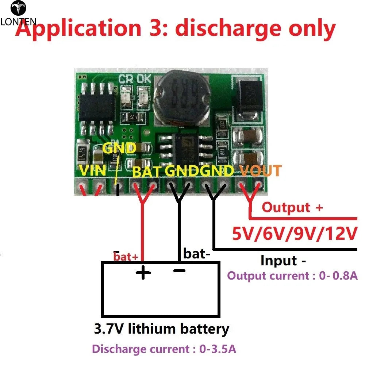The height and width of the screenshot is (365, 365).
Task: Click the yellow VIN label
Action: (x=93, y=170)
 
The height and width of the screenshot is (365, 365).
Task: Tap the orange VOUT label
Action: (x=260, y=170)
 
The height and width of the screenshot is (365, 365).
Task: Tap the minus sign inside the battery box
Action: (x=179, y=270)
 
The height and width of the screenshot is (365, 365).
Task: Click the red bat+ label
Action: (x=126, y=257)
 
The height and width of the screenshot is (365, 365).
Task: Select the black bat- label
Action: (x=197, y=253)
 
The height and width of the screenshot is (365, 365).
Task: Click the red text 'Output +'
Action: (x=292, y=208)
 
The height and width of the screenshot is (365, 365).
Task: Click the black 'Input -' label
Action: (x=283, y=261)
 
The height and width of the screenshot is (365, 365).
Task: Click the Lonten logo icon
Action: (x=18, y=8)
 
